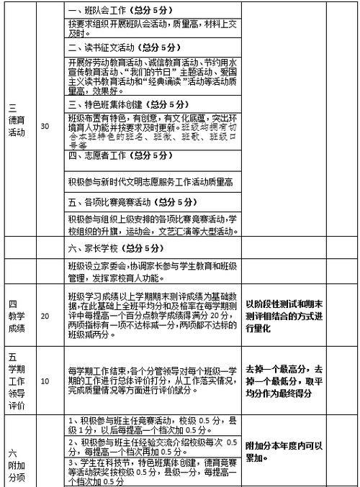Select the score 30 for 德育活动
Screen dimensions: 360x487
coord(46,126)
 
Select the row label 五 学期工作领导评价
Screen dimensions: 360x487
coord(16,381)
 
